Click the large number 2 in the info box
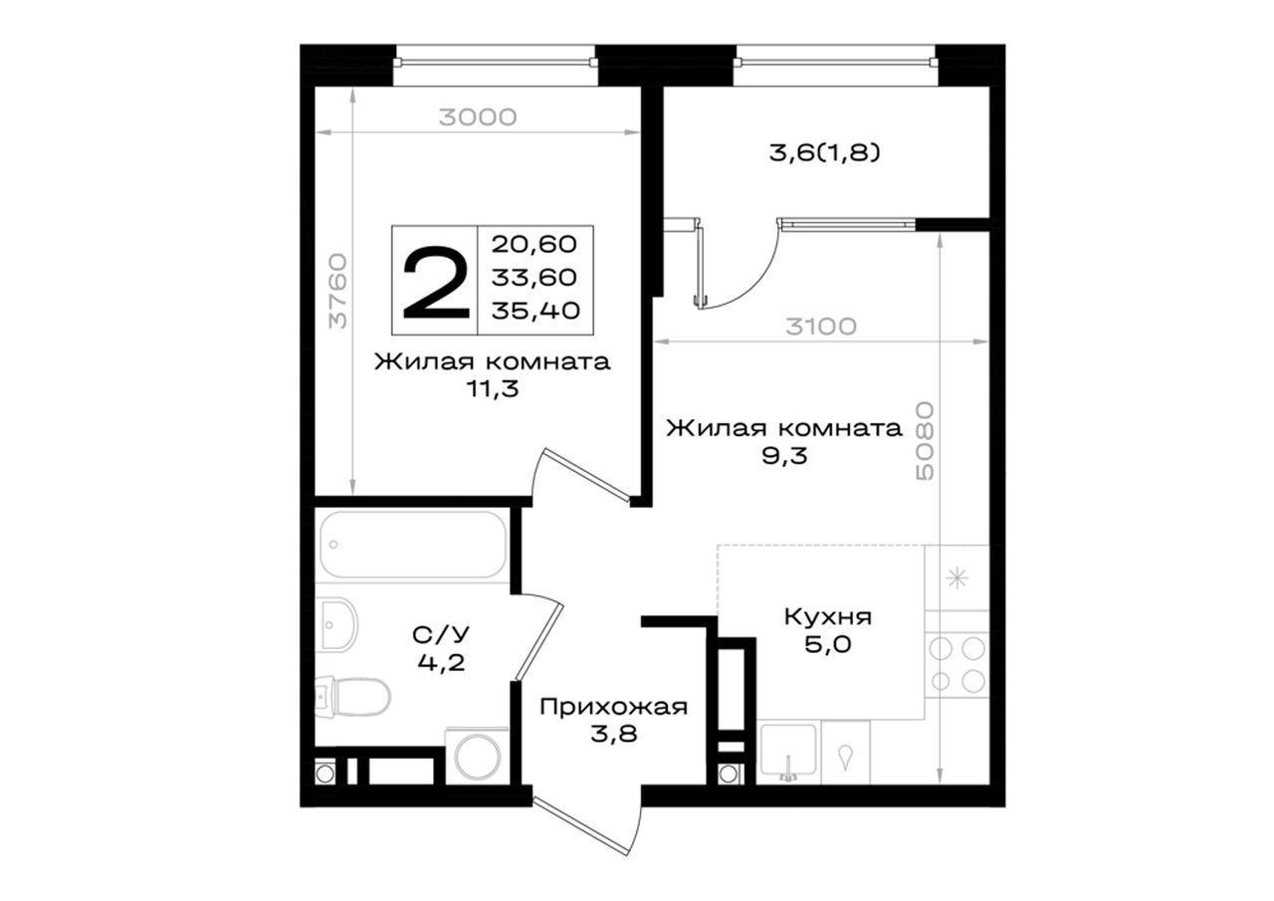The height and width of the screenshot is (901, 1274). [436, 282]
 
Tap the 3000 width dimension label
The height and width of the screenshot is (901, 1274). [478, 117]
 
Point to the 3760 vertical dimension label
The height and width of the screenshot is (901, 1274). [338, 291]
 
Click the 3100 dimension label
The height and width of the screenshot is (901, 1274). [821, 327]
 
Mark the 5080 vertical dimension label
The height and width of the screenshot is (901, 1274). [926, 441]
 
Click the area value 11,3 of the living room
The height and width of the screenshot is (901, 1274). [493, 389]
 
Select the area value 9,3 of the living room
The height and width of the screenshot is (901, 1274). [784, 456]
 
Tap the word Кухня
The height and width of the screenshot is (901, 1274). [827, 617]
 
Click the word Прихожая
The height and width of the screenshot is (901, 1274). [614, 707]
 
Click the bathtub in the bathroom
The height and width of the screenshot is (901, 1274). [413, 545]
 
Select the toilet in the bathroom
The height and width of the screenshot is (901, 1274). [353, 696]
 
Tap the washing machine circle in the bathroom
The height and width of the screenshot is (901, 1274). [478, 757]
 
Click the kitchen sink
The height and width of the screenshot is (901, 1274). [788, 751]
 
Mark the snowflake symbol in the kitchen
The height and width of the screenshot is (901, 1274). [956, 579]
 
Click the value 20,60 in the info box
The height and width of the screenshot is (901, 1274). [534, 245]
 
